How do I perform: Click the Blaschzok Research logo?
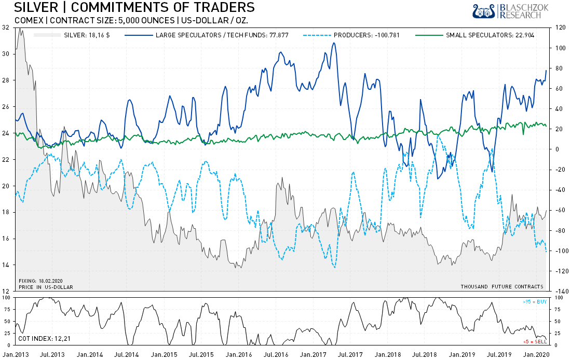pos(506,11)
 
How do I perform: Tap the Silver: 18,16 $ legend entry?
pos(86,35)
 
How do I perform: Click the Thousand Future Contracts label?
pos(501,286)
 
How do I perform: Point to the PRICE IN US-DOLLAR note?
pos(46,286)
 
